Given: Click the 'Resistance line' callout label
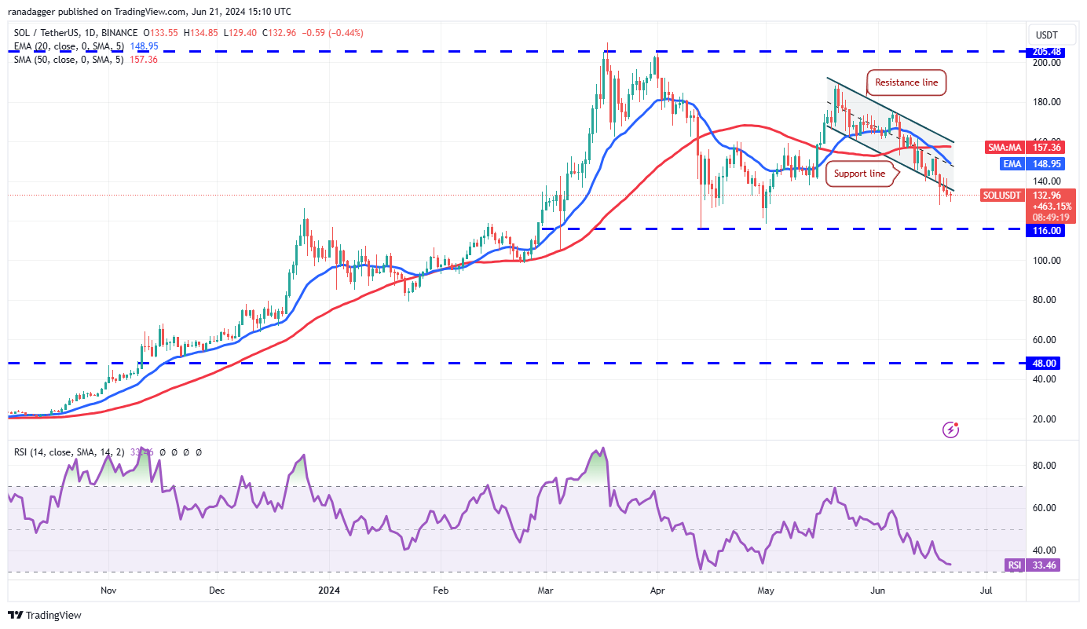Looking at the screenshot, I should point(906,82).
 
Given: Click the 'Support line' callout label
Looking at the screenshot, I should point(859,174).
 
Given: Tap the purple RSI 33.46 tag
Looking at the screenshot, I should point(1032,565).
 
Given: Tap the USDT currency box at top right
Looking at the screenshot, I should point(1047,35).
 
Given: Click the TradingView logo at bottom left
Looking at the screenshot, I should point(45,615).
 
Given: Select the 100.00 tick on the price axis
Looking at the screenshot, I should point(1048,261).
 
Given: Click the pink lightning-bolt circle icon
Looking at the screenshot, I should point(951,430).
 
